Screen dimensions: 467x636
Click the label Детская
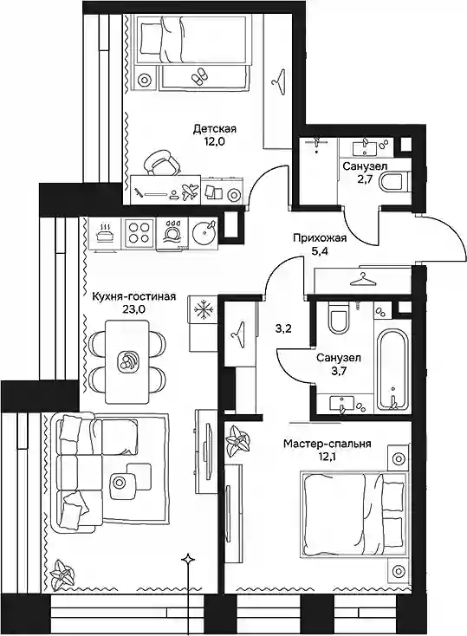(215, 129)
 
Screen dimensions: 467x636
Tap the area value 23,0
(133, 309)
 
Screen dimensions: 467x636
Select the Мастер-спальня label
(327, 444)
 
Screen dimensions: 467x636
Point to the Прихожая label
(320, 238)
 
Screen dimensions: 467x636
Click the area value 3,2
(282, 328)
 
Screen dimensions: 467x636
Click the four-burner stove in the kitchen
(139, 233)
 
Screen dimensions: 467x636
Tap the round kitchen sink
(204, 233)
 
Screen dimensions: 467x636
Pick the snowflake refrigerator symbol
(202, 311)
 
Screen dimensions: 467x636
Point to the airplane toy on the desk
(190, 191)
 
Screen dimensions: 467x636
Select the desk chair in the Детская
(161, 162)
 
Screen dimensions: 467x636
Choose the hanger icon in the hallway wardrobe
(363, 279)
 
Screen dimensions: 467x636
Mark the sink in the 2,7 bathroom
(366, 146)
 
